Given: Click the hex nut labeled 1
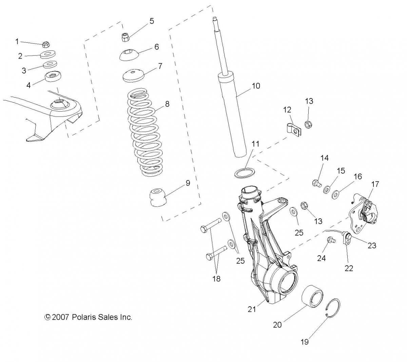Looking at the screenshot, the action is point(46,44).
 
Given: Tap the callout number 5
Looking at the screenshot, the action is point(152,21).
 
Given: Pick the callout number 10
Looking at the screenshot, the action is point(256,86).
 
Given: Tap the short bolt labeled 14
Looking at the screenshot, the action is point(317,183).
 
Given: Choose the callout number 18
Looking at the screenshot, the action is point(216,279).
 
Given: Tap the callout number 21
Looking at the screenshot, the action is point(252,309).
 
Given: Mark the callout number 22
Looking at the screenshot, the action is point(349,268).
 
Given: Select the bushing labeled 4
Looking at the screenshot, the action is point(53,76).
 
